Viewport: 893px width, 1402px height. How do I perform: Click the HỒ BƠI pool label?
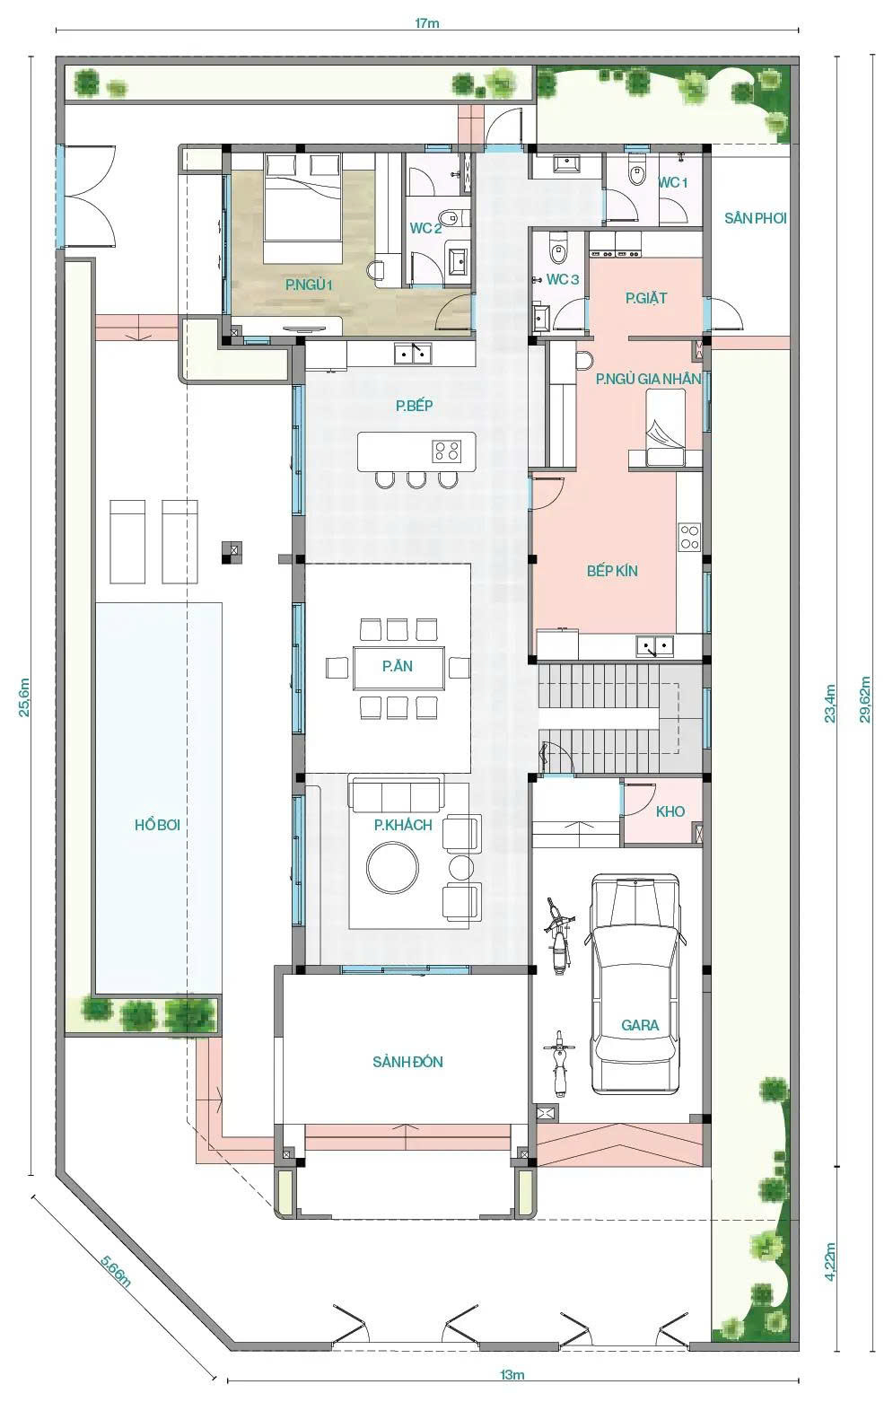pos(157,824)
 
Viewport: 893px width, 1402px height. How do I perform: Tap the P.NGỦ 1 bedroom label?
pos(309,285)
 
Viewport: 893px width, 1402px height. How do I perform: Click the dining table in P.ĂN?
pos(398,667)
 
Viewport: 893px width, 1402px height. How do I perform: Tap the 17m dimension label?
pos(427,23)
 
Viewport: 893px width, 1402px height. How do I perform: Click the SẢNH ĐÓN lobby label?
pos(407,1062)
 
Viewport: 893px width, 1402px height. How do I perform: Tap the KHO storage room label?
pos(670,811)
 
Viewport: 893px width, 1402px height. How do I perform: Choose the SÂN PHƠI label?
pos(756,218)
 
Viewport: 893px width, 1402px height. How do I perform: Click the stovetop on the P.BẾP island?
pos(447,451)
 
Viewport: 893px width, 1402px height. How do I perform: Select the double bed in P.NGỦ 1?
pos(302,208)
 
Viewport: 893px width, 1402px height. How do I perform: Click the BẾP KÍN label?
pos(612,571)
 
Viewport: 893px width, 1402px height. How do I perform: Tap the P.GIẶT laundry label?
pos(646,299)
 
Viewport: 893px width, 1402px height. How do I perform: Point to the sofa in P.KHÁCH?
pos(398,795)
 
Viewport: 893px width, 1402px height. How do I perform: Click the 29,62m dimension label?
pos(865,699)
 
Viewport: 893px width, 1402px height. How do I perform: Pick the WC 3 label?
pos(563,279)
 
